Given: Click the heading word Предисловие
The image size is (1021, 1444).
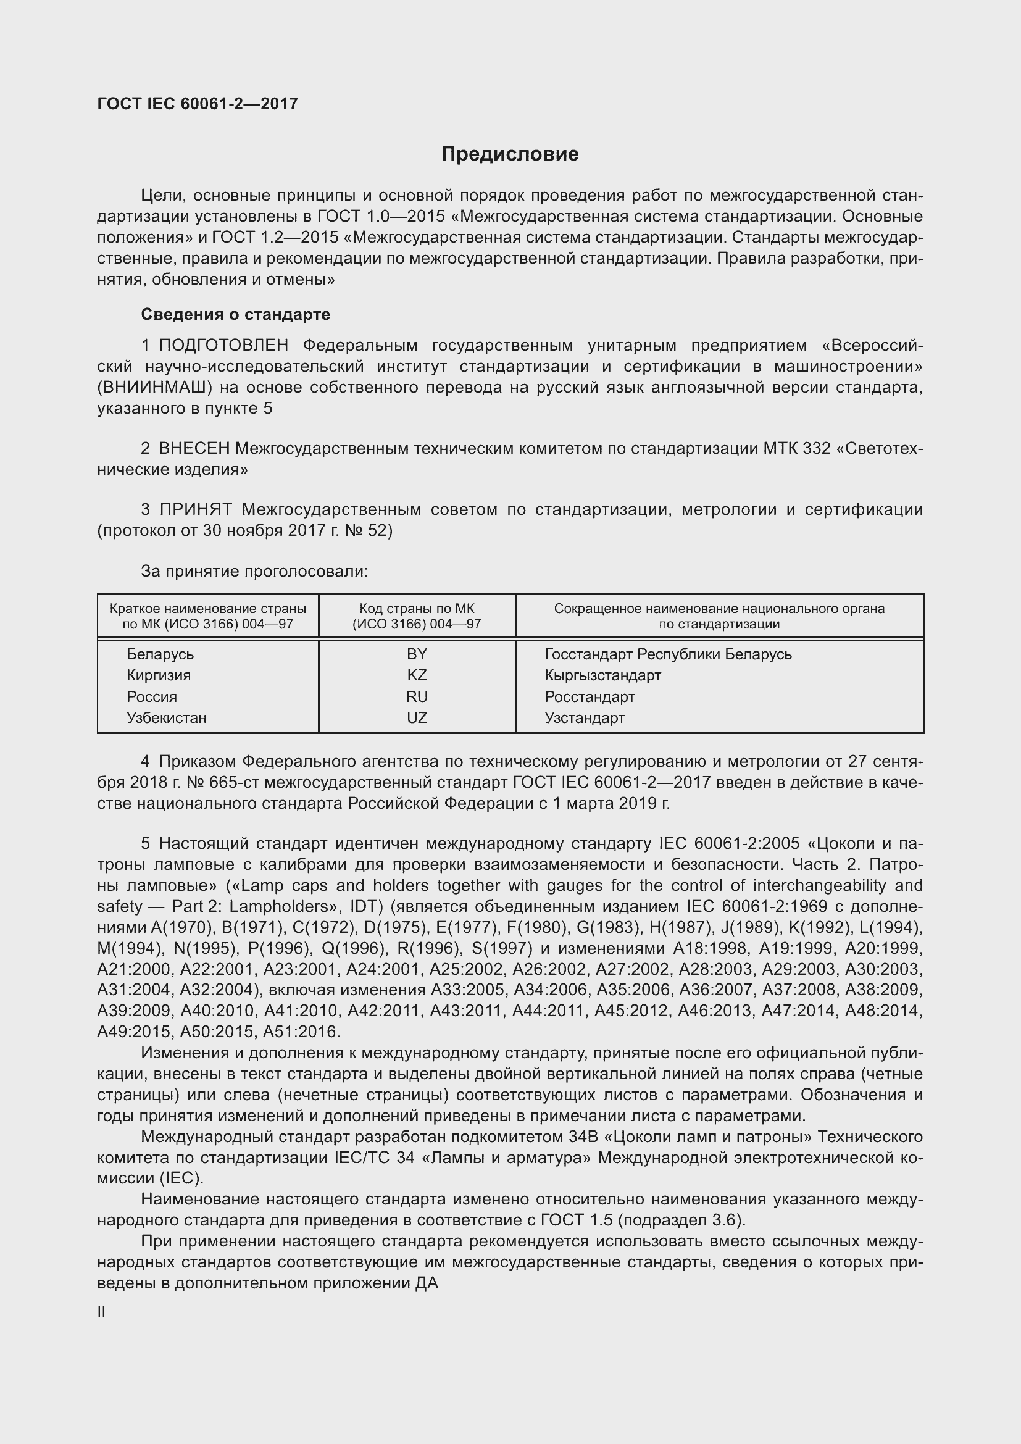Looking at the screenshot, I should tap(510, 154).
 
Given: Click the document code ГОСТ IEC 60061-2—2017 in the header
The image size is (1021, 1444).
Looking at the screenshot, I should tap(198, 104).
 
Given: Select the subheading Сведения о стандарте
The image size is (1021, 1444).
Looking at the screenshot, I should tap(235, 314).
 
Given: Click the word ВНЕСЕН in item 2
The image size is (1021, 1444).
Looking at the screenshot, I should tap(194, 448).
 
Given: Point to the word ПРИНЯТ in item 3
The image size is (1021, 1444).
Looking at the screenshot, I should tap(196, 509).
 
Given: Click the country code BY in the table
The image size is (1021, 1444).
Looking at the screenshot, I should tap(417, 654).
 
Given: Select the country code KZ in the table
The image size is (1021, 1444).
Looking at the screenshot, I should tap(417, 675).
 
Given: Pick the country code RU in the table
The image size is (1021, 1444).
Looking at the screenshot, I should tap(417, 697).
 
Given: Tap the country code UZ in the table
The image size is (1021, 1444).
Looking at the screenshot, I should tap(417, 717).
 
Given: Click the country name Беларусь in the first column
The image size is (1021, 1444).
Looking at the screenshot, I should tap(160, 654).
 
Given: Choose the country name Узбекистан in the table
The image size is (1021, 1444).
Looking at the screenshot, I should tap(167, 717).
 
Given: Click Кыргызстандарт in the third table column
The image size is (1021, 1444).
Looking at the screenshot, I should tap(602, 675).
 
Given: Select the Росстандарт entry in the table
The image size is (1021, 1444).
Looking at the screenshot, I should tap(589, 697).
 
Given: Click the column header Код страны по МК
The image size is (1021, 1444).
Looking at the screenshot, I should tap(417, 609).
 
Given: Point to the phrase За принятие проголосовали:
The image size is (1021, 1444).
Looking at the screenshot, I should tap(254, 571).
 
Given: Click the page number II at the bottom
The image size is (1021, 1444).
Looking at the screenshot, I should tap(101, 1312).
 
